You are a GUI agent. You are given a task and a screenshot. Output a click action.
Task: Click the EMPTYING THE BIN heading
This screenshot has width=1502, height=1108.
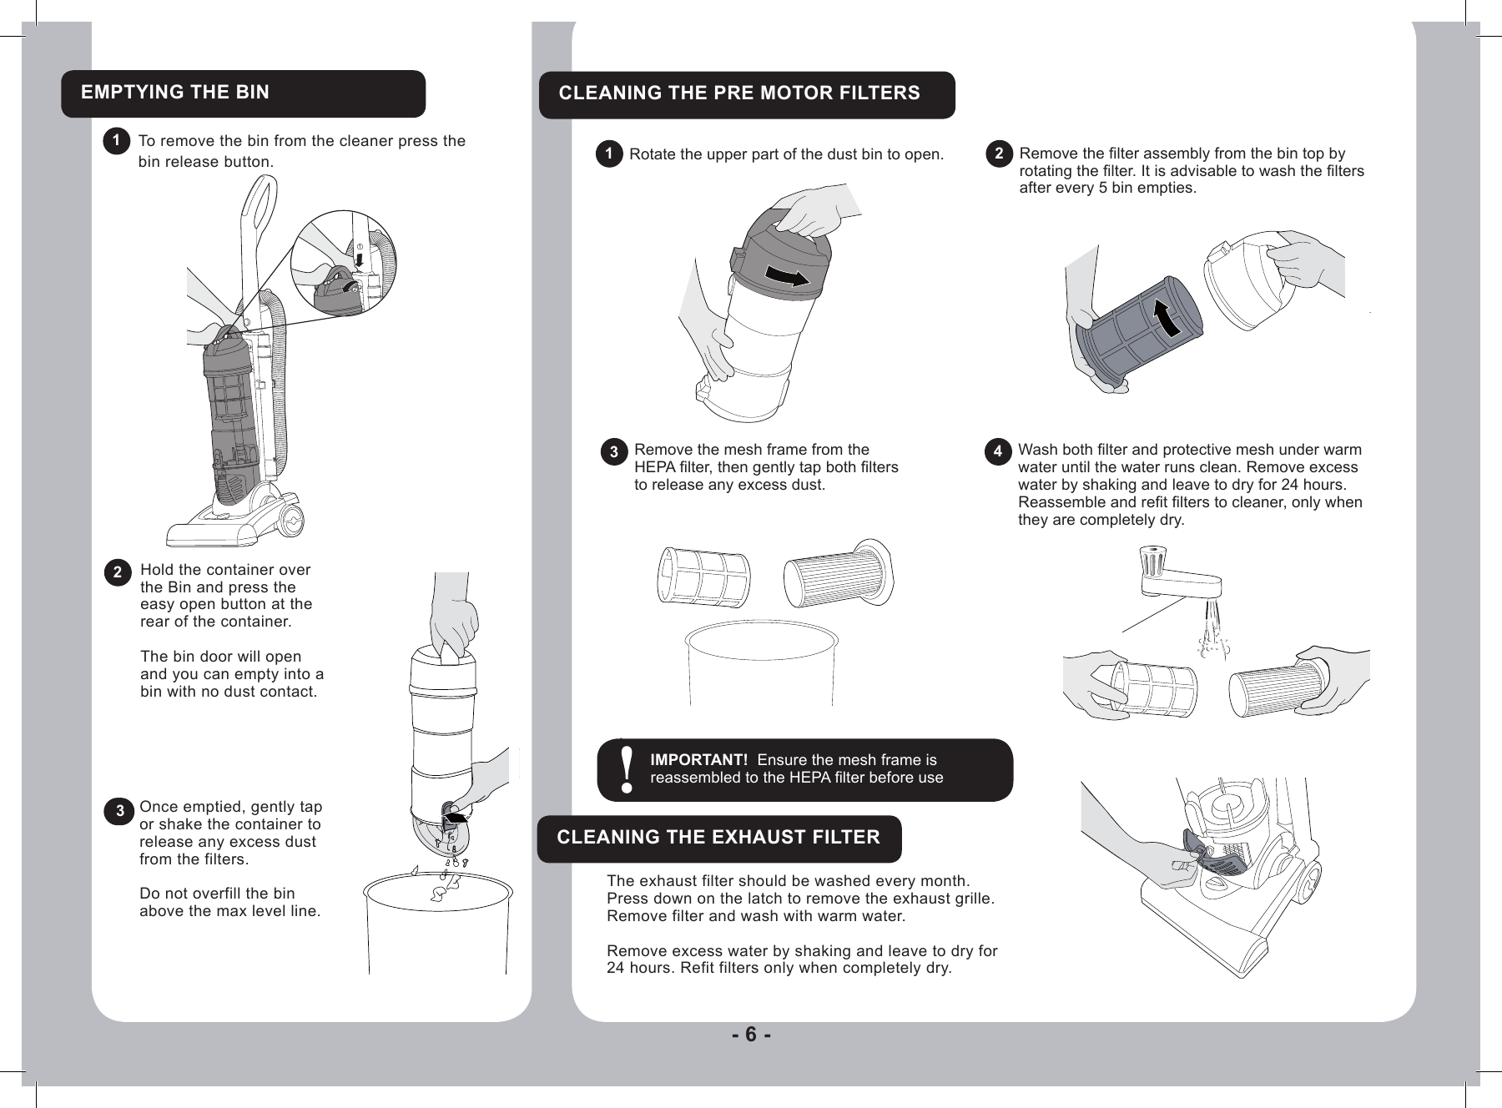click(x=175, y=93)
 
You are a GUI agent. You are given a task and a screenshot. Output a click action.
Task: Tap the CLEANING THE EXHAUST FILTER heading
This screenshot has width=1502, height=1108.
click(x=718, y=838)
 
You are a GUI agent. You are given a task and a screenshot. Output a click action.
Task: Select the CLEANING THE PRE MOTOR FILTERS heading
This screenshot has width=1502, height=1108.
click(x=739, y=93)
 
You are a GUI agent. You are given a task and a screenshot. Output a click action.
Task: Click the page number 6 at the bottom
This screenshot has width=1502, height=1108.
click(x=750, y=1035)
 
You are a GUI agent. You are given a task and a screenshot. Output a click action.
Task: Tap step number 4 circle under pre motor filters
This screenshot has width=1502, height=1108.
click(x=997, y=452)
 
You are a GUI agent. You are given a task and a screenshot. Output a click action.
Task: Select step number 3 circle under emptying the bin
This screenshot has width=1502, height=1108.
click(x=120, y=810)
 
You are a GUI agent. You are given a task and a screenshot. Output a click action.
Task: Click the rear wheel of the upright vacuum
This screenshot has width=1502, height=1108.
click(x=291, y=519)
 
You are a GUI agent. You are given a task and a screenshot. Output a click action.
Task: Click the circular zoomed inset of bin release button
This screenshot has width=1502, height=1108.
click(x=343, y=264)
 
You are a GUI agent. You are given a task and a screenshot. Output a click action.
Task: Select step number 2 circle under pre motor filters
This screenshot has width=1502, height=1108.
click(x=1000, y=154)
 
